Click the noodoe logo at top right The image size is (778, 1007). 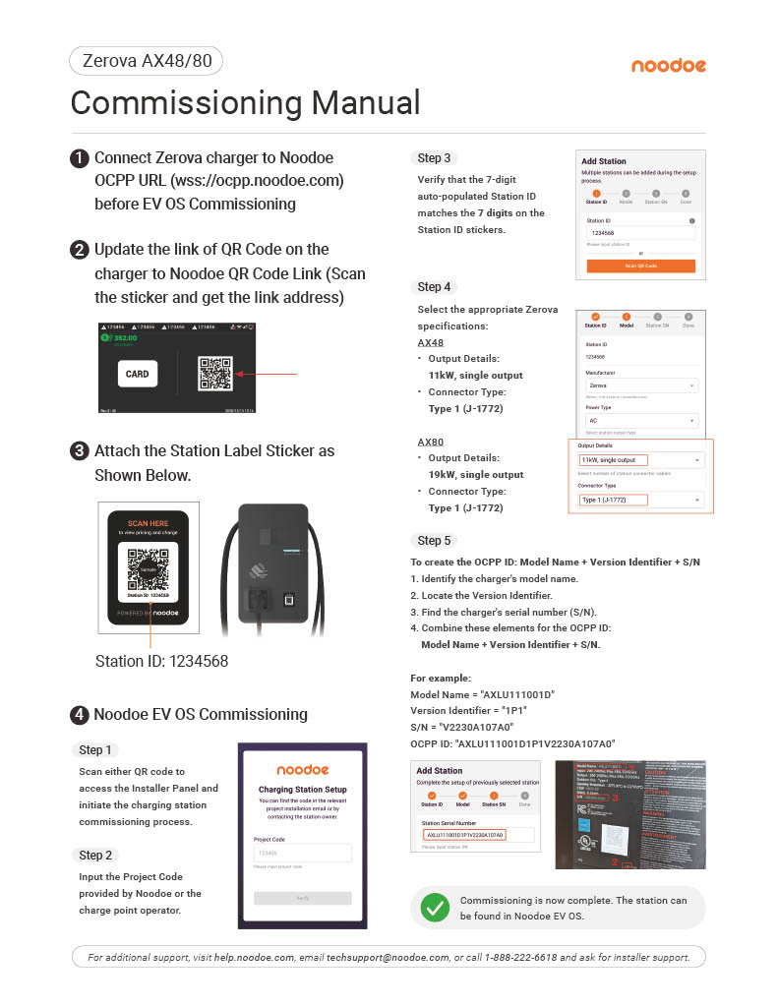click(x=668, y=66)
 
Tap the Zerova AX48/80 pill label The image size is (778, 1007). click(x=147, y=62)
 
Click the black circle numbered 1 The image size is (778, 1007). click(x=80, y=158)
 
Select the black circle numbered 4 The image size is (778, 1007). click(x=80, y=715)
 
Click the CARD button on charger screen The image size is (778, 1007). click(x=137, y=374)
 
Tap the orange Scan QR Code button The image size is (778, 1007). click(x=640, y=266)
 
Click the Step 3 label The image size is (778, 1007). click(x=434, y=158)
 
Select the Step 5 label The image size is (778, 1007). click(x=434, y=540)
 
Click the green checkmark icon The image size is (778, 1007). click(x=434, y=908)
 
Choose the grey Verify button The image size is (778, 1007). click(x=302, y=898)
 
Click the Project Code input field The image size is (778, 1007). click(x=302, y=853)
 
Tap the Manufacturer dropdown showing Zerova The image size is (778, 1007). click(x=640, y=386)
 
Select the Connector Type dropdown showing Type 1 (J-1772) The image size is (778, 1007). click(x=640, y=500)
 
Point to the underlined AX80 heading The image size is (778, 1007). click(x=430, y=442)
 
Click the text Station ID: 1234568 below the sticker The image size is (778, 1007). click(x=161, y=662)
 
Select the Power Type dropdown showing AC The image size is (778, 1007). click(x=640, y=420)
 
